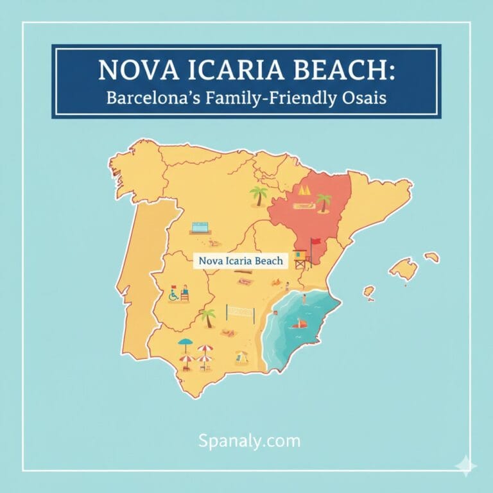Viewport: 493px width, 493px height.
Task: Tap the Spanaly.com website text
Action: pyautogui.click(x=248, y=441)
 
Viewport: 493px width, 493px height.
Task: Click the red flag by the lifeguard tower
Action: pyautogui.click(x=315, y=245)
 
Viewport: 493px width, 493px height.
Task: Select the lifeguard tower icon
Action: pyautogui.click(x=302, y=257)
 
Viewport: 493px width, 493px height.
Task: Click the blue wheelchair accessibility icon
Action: pyautogui.click(x=173, y=296)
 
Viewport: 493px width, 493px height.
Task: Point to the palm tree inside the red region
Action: pyautogui.click(x=324, y=202)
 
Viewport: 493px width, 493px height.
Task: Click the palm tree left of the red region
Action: pyautogui.click(x=258, y=195)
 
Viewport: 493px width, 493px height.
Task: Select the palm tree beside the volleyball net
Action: pyautogui.click(x=207, y=316)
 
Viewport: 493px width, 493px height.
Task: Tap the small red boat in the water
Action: pyautogui.click(x=300, y=324)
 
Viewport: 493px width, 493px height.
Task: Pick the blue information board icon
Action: pyautogui.click(x=200, y=228)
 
